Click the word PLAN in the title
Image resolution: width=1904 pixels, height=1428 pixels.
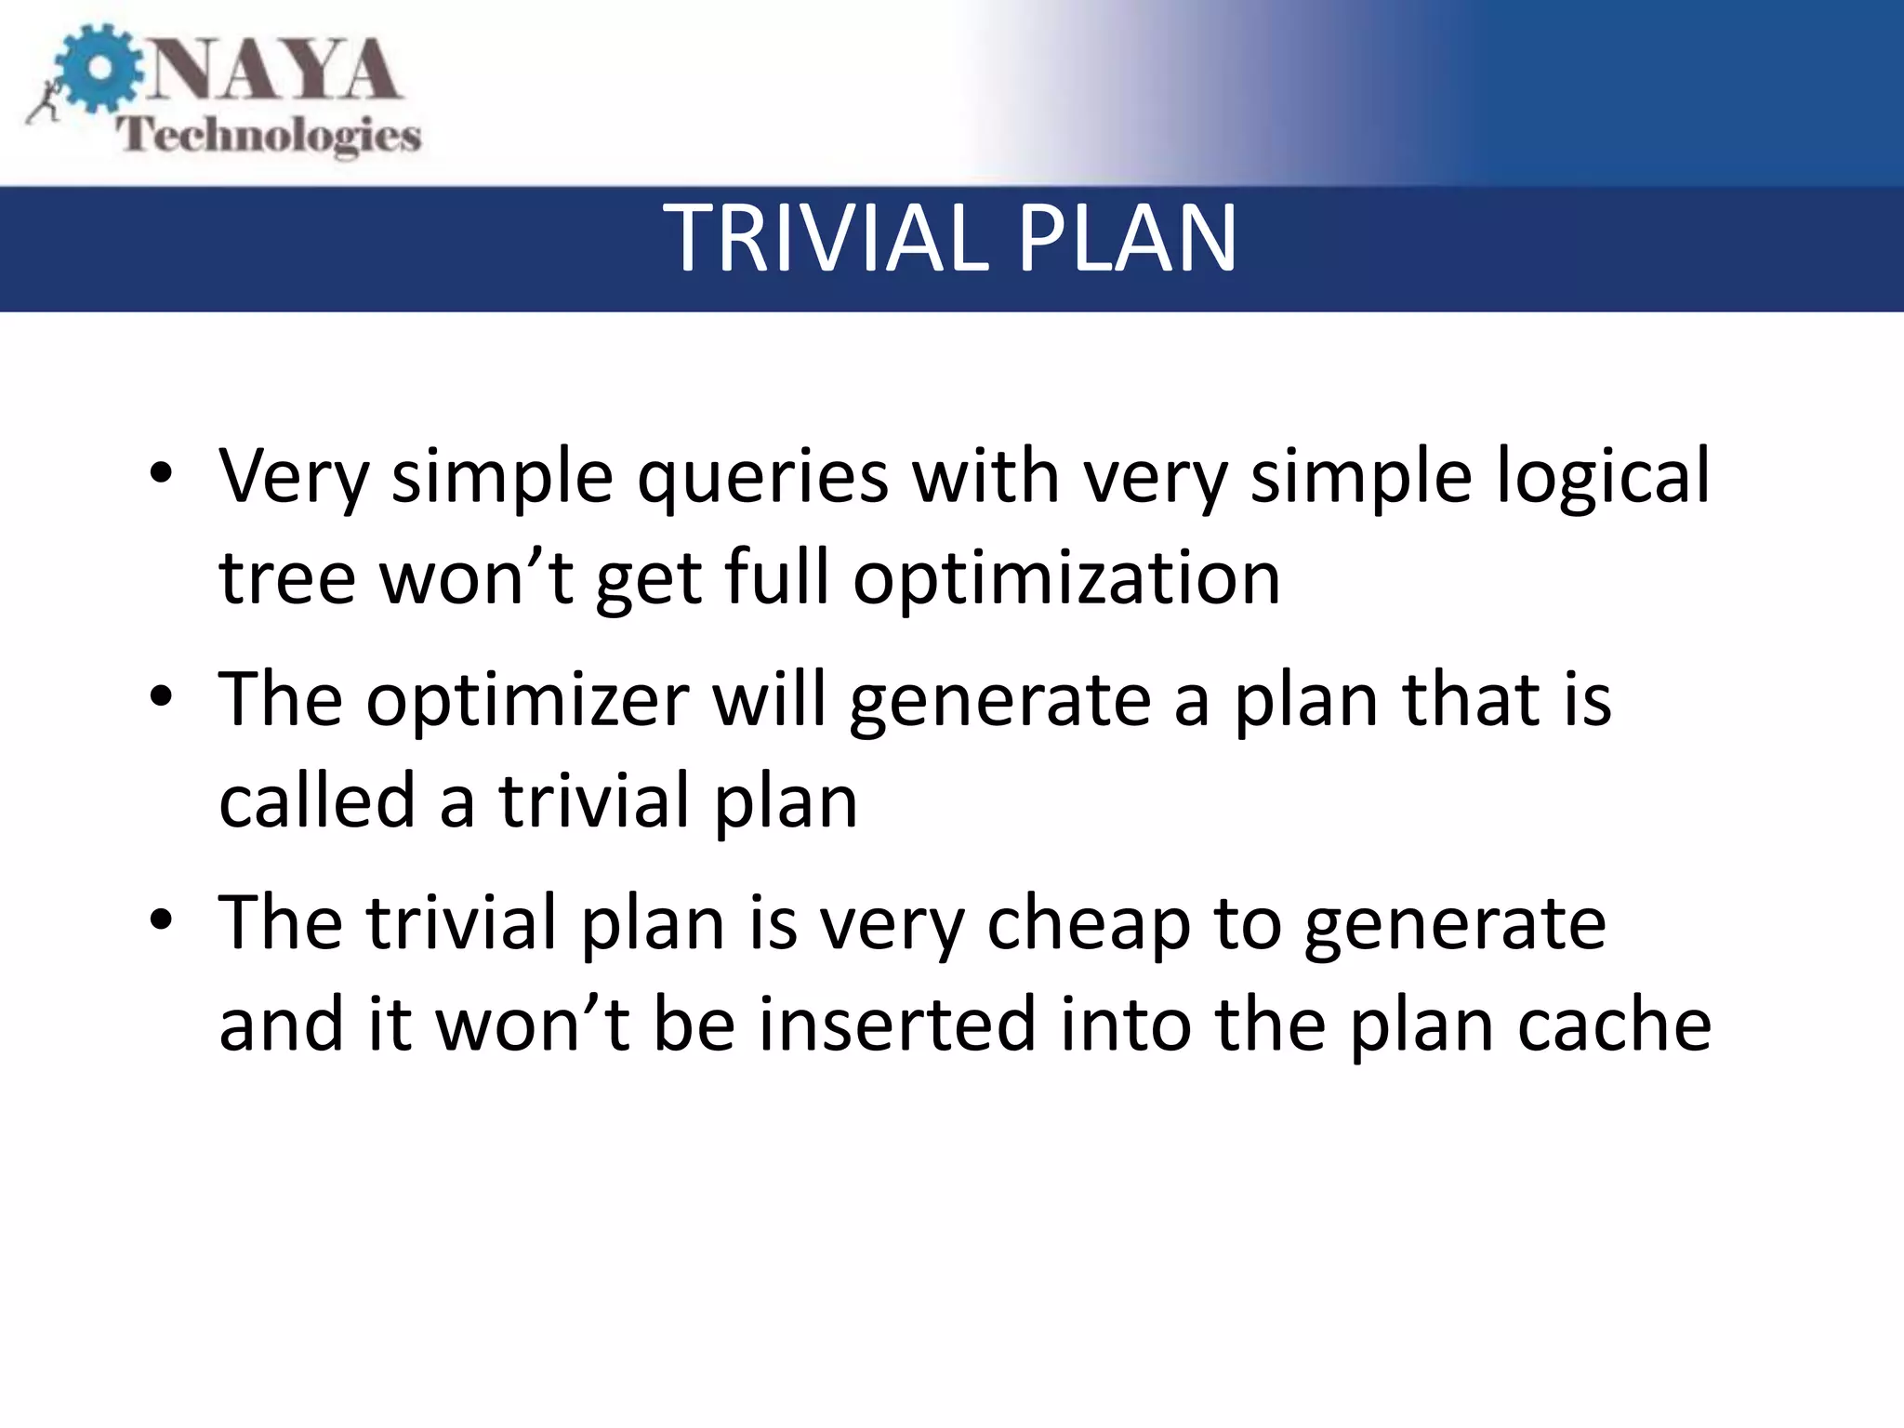(1126, 240)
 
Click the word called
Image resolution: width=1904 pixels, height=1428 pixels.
(316, 801)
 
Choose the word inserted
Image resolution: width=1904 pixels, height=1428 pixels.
(897, 1025)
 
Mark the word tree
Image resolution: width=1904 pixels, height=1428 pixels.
(286, 578)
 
